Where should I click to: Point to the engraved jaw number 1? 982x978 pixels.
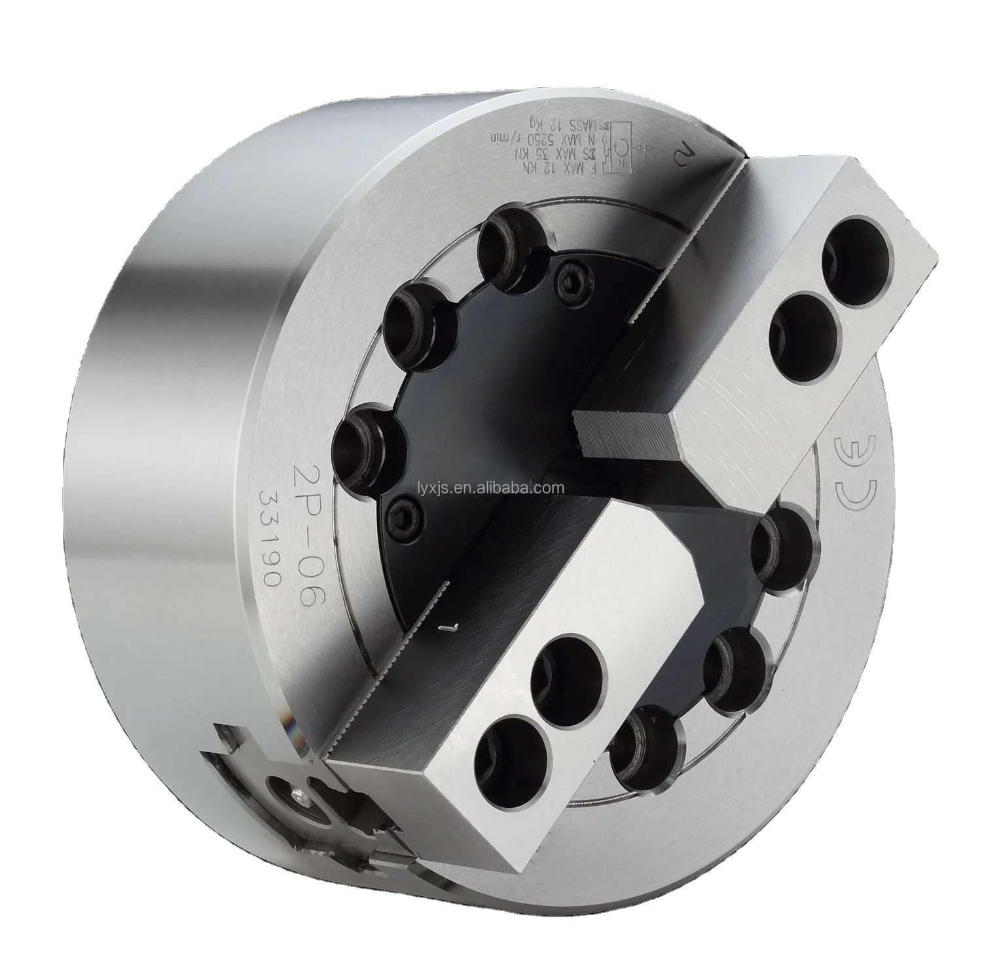[x=448, y=627]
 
